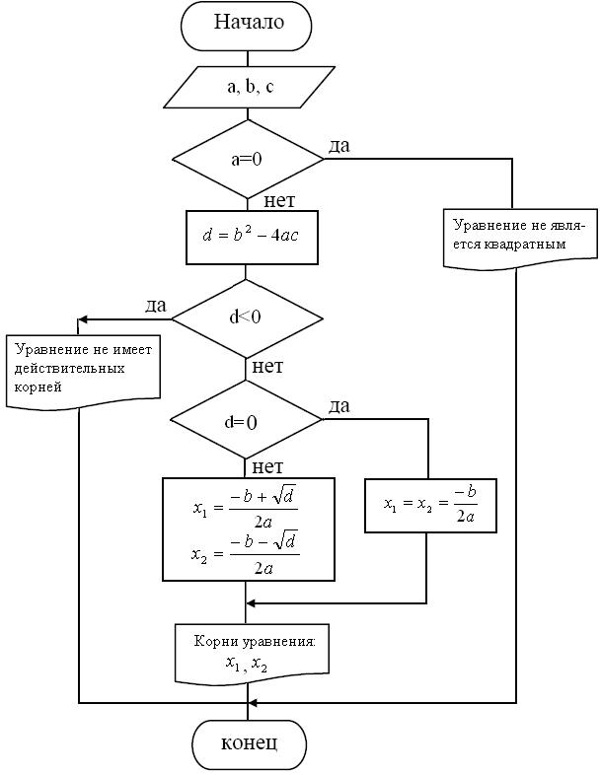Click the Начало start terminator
[247, 24]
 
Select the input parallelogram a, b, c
[247, 88]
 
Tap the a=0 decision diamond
[247, 158]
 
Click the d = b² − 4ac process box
[252, 237]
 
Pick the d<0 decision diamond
[247, 317]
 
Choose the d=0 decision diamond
[247, 421]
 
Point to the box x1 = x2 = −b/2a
[429, 506]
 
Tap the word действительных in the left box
[69, 368]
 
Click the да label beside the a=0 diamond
[338, 146]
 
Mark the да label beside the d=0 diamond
[339, 405]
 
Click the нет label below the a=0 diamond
[279, 201]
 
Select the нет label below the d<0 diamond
[268, 367]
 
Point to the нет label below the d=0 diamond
[268, 466]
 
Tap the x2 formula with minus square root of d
[246, 555]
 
